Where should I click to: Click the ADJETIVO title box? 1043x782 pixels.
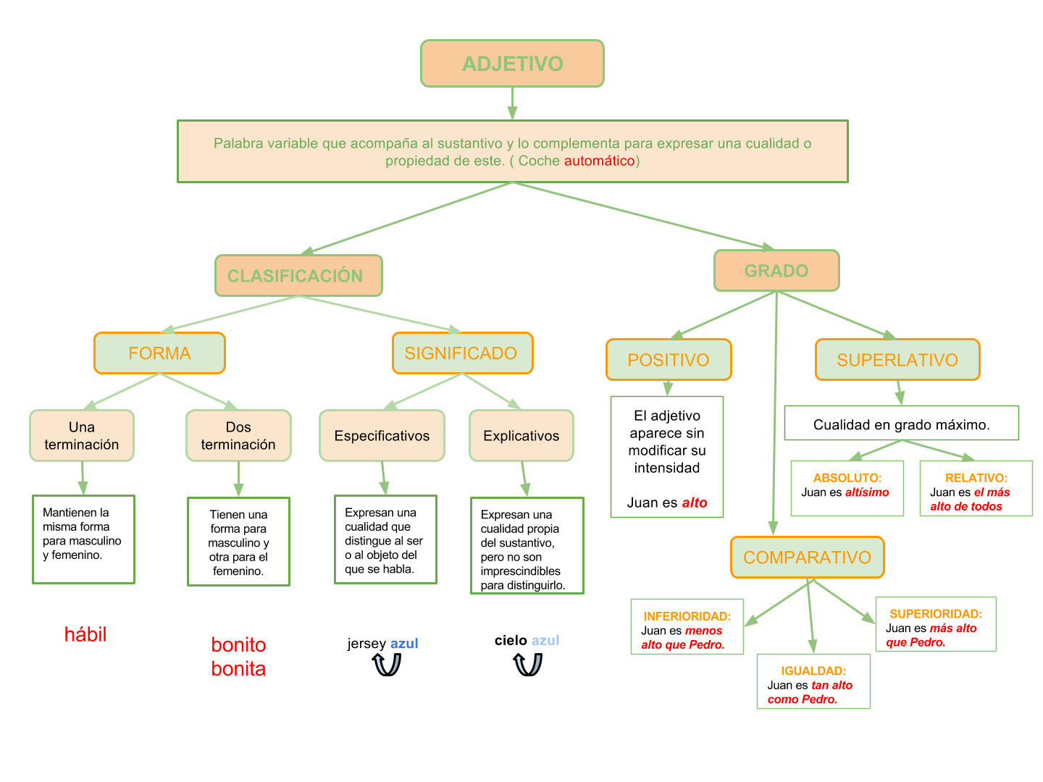[x=512, y=64]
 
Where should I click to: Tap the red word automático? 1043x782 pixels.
[x=599, y=161]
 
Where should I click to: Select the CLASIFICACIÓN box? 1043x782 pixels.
[x=298, y=276]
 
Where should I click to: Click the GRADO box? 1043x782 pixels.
[x=776, y=271]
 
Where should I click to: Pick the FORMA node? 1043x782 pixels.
[x=159, y=353]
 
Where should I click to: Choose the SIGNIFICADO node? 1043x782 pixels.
[x=462, y=353]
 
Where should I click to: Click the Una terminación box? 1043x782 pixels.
[x=82, y=436]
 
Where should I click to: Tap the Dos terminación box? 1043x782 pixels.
[x=238, y=436]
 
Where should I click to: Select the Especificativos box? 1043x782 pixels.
[x=382, y=436]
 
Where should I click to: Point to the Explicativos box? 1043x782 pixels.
[x=521, y=436]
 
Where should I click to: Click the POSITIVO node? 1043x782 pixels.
[x=669, y=360]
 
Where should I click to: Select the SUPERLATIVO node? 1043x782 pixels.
[x=897, y=360]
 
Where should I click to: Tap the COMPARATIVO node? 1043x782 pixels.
[x=807, y=558]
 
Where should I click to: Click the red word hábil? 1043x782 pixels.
[x=85, y=635]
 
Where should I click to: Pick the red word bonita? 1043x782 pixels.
[x=238, y=669]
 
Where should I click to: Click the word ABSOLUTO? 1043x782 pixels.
[x=847, y=478]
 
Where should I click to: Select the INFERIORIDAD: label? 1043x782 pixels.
[x=687, y=616]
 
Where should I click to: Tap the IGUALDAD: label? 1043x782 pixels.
[x=813, y=671]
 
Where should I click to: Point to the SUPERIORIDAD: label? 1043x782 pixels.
[x=935, y=614]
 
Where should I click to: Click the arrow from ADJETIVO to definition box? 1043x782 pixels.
[x=512, y=104]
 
